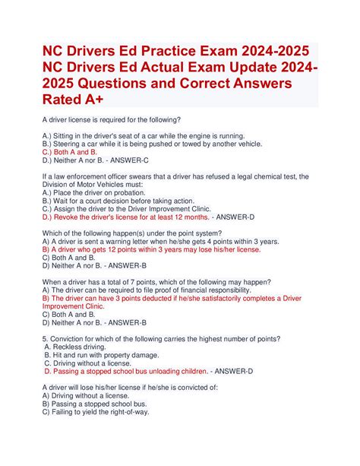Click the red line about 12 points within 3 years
click(152, 249)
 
